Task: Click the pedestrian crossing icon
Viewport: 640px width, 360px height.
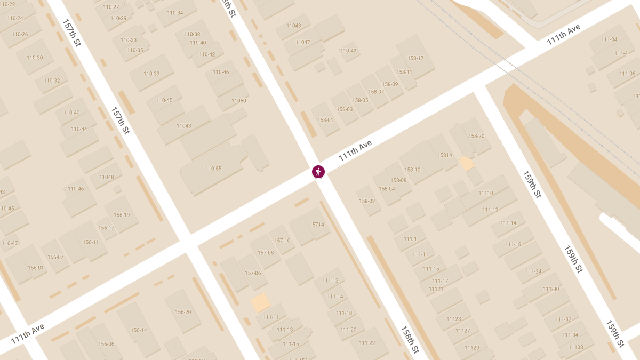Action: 318,172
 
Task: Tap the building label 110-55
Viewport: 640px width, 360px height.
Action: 213,169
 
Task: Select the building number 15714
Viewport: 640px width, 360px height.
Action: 317,225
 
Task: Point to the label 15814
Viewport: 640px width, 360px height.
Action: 445,155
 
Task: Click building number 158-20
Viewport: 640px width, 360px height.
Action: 476,136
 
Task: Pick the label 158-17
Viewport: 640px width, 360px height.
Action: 415,58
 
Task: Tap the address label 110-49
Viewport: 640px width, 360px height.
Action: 348,51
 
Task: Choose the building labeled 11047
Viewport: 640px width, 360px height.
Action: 302,42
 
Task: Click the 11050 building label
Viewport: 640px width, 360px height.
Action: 239,101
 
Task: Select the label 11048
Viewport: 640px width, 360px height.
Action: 106,177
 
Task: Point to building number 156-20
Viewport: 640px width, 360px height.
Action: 183,312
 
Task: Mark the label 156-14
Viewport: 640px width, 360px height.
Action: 139,330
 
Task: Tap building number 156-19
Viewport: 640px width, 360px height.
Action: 122,215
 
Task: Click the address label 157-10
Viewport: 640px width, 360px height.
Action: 282,241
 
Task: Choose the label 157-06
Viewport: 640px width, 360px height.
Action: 253,273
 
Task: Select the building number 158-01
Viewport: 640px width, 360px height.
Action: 325,120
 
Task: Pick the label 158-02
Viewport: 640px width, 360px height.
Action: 367,201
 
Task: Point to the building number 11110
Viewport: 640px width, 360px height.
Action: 486,193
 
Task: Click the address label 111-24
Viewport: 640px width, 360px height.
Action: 533,271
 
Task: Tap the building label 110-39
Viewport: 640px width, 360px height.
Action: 151,74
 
